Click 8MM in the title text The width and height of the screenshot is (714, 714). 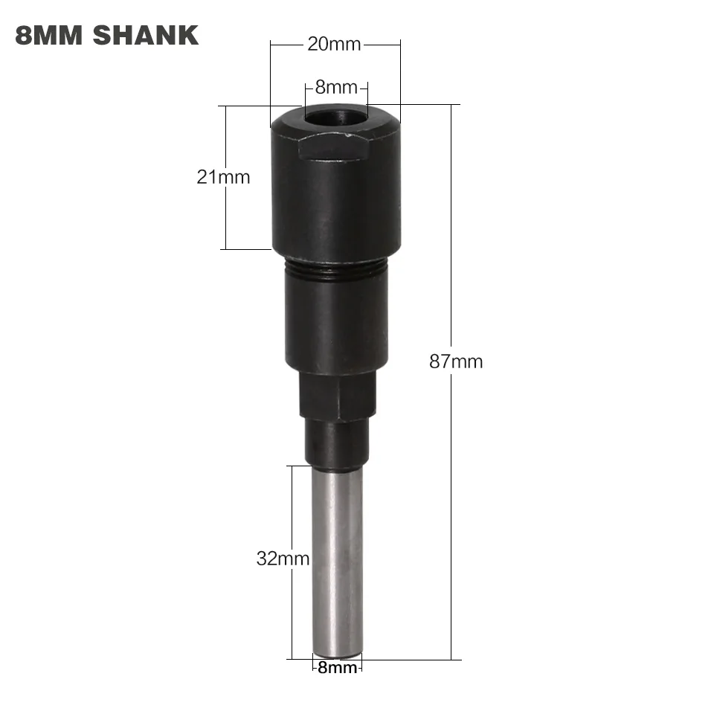tap(46, 35)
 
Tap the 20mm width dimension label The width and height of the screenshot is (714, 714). tap(334, 45)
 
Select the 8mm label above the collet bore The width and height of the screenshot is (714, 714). tap(336, 87)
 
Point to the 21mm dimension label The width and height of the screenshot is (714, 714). tap(223, 177)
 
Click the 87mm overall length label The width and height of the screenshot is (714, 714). tap(456, 362)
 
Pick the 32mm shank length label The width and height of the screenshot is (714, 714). tap(283, 559)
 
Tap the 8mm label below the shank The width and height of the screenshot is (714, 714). tap(337, 668)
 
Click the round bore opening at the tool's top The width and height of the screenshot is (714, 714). tap(335, 118)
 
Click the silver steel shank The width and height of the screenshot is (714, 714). tap(337, 558)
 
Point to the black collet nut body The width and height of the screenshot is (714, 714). tap(336, 201)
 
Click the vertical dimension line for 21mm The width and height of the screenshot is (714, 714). tap(224, 216)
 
